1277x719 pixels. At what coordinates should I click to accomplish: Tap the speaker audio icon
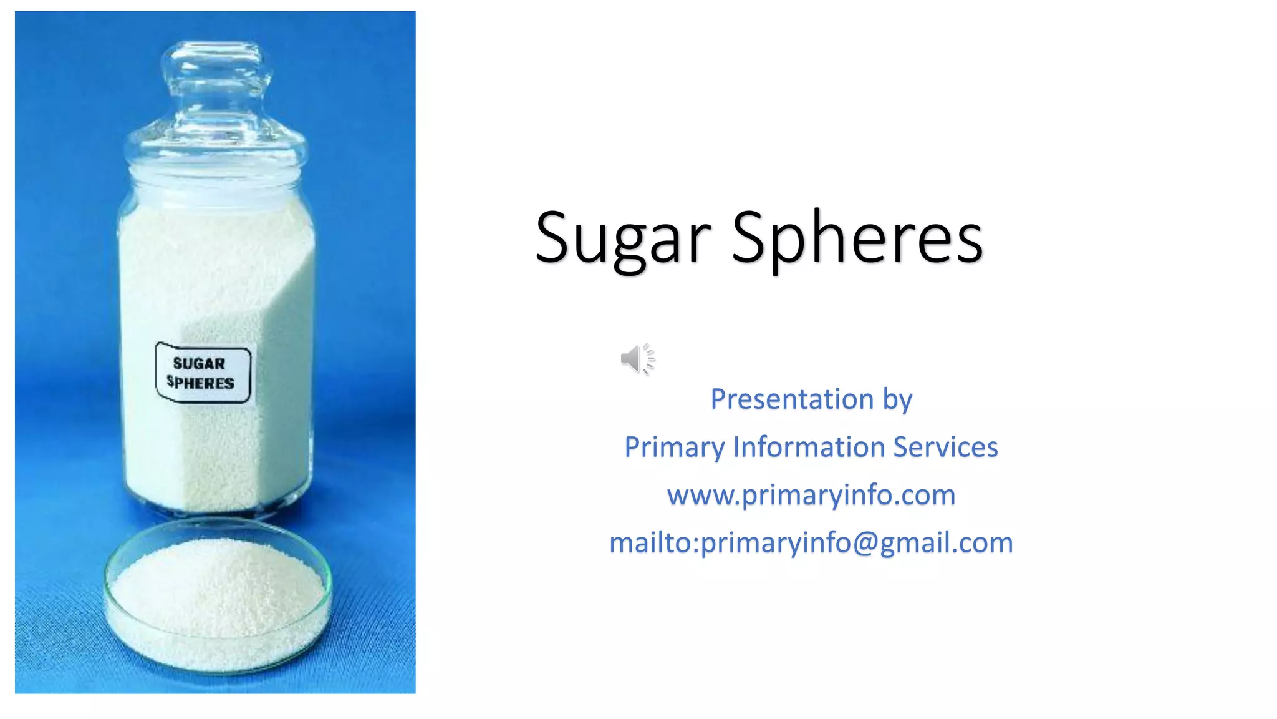[637, 359]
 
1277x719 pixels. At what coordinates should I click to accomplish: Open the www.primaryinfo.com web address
[811, 495]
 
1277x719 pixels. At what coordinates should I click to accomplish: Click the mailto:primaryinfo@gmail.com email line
[811, 542]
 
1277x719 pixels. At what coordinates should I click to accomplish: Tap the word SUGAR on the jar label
[199, 363]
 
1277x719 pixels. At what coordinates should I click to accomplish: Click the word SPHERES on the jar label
[200, 383]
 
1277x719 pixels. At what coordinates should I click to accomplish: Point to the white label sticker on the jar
[203, 373]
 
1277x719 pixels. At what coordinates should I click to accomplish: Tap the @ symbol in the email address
[864, 542]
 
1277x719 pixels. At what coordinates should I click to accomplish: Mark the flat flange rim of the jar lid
[216, 147]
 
